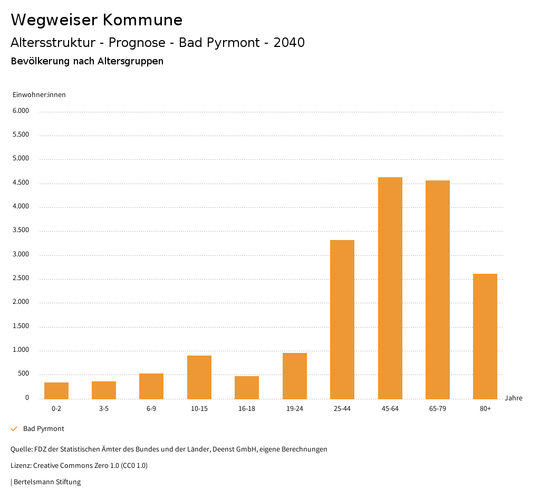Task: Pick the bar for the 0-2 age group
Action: coord(56,390)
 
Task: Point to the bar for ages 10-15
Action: coord(199,377)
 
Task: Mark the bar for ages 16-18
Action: coord(247,387)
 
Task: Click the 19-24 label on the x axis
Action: coord(294,409)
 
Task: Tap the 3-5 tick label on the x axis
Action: coord(104,409)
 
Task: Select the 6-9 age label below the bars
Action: coord(151,409)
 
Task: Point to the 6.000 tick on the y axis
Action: coord(21,111)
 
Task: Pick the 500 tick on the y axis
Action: coord(23,374)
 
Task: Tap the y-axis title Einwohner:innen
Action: coord(39,95)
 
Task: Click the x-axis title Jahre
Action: coord(514,398)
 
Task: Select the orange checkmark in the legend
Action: coord(14,429)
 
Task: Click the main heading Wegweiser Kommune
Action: coord(97,20)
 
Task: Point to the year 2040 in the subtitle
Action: coord(289,43)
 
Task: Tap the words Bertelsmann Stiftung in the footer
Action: coord(47,482)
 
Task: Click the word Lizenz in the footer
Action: coord(20,466)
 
